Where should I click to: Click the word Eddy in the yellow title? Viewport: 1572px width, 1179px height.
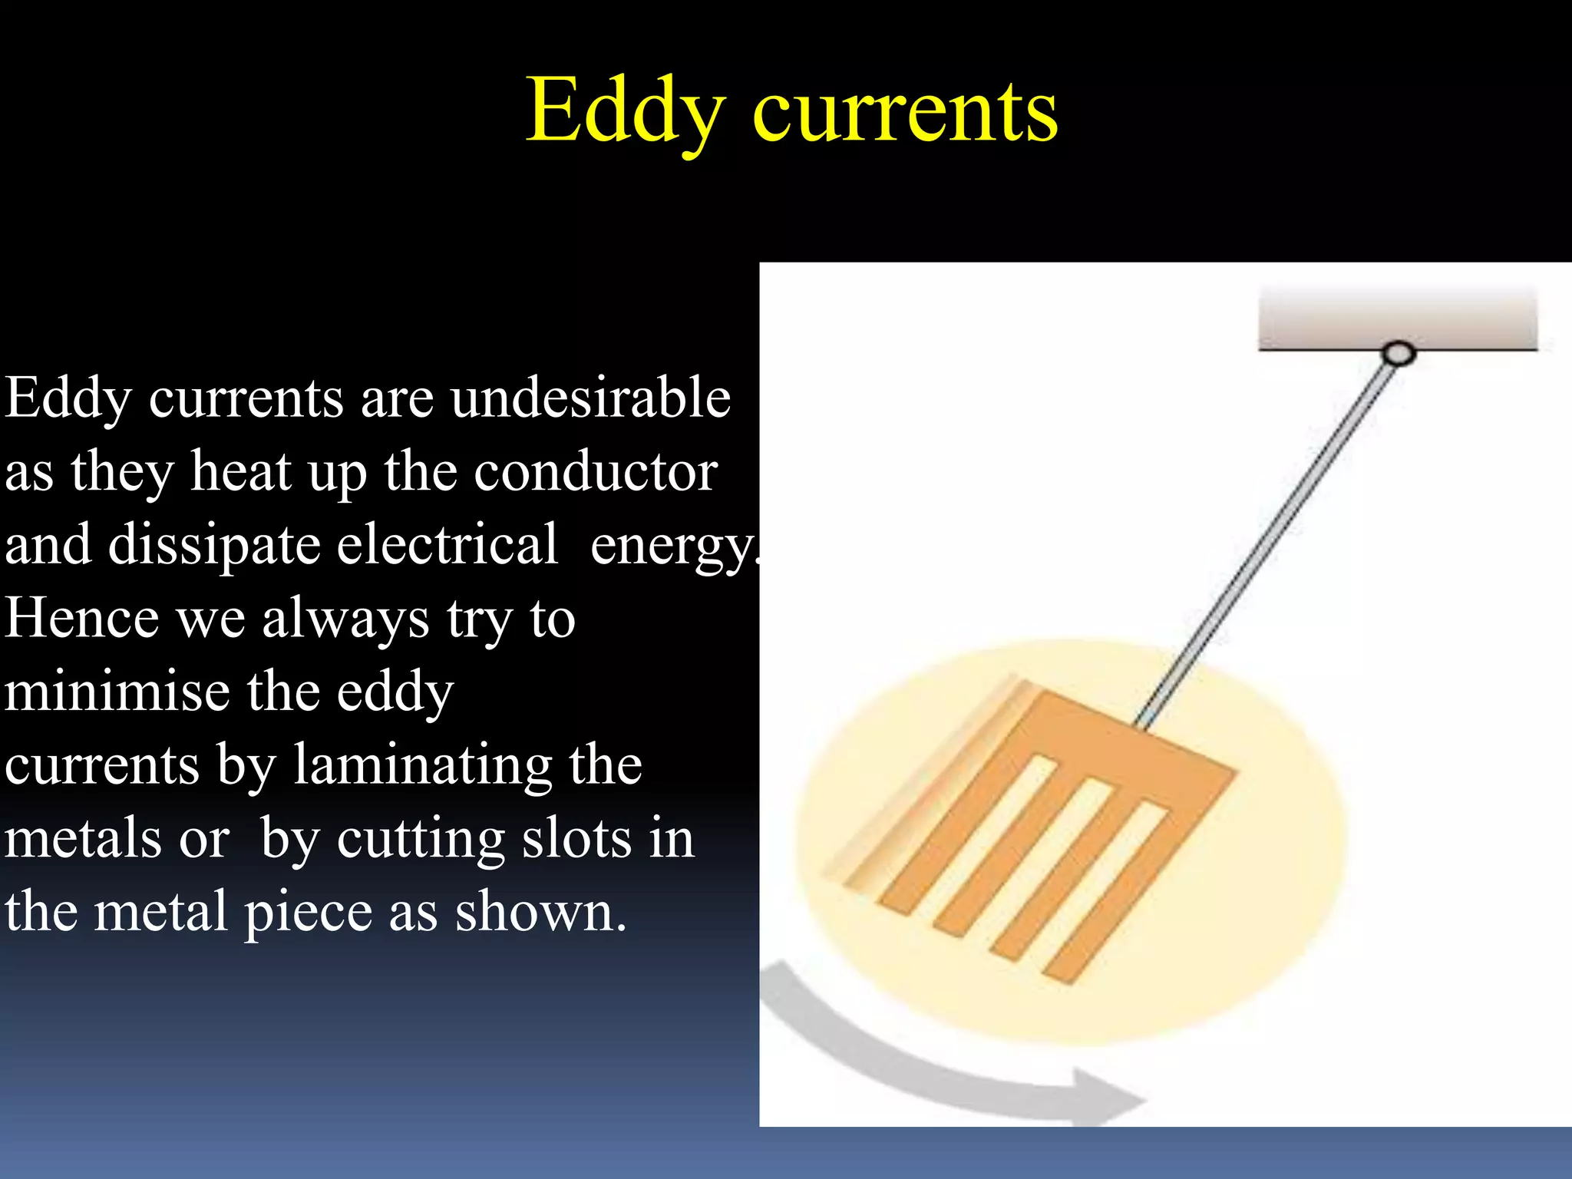tap(623, 111)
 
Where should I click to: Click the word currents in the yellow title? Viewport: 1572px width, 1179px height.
tap(906, 114)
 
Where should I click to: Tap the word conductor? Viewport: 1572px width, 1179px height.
tap(596, 471)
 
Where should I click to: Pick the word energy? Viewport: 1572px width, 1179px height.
tap(672, 547)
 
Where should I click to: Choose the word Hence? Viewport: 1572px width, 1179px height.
tap(81, 618)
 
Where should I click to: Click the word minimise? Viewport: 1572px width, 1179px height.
tap(115, 691)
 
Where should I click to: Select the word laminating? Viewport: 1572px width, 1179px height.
tap(422, 766)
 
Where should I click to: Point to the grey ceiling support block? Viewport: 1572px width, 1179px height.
tap(1398, 317)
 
